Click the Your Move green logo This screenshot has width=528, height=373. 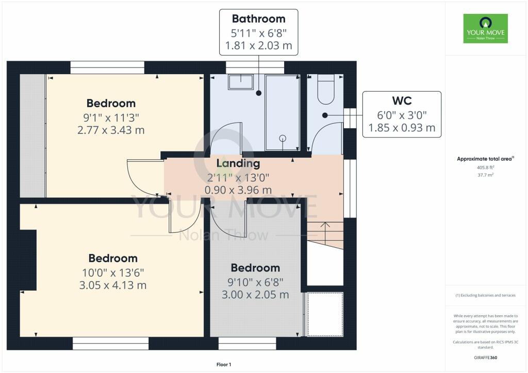pos(485,28)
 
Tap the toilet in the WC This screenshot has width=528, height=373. pos(326,90)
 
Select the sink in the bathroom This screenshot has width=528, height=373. pos(241,82)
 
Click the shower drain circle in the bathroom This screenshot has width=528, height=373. pos(283,138)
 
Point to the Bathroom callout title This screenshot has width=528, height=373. pos(259,19)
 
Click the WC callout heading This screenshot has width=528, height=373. pos(402,100)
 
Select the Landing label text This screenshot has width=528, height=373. pos(238,163)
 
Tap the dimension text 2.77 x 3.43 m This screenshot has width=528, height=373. pos(111,130)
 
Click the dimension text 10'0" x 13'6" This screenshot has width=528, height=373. pos(113,273)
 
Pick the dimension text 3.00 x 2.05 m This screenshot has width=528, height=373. pos(255,295)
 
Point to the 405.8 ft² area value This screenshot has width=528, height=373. pos(485,167)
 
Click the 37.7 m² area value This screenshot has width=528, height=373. pos(485,175)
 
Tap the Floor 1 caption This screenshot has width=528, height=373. pos(224,365)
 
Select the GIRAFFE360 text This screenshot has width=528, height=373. pos(485,358)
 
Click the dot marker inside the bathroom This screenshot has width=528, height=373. pos(259,93)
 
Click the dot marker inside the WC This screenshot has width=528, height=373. pos(325,115)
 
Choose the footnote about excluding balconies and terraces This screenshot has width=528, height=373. pos(485,295)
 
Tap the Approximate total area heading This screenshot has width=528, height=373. pos(485,159)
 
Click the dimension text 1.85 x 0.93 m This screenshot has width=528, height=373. pos(402,128)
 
